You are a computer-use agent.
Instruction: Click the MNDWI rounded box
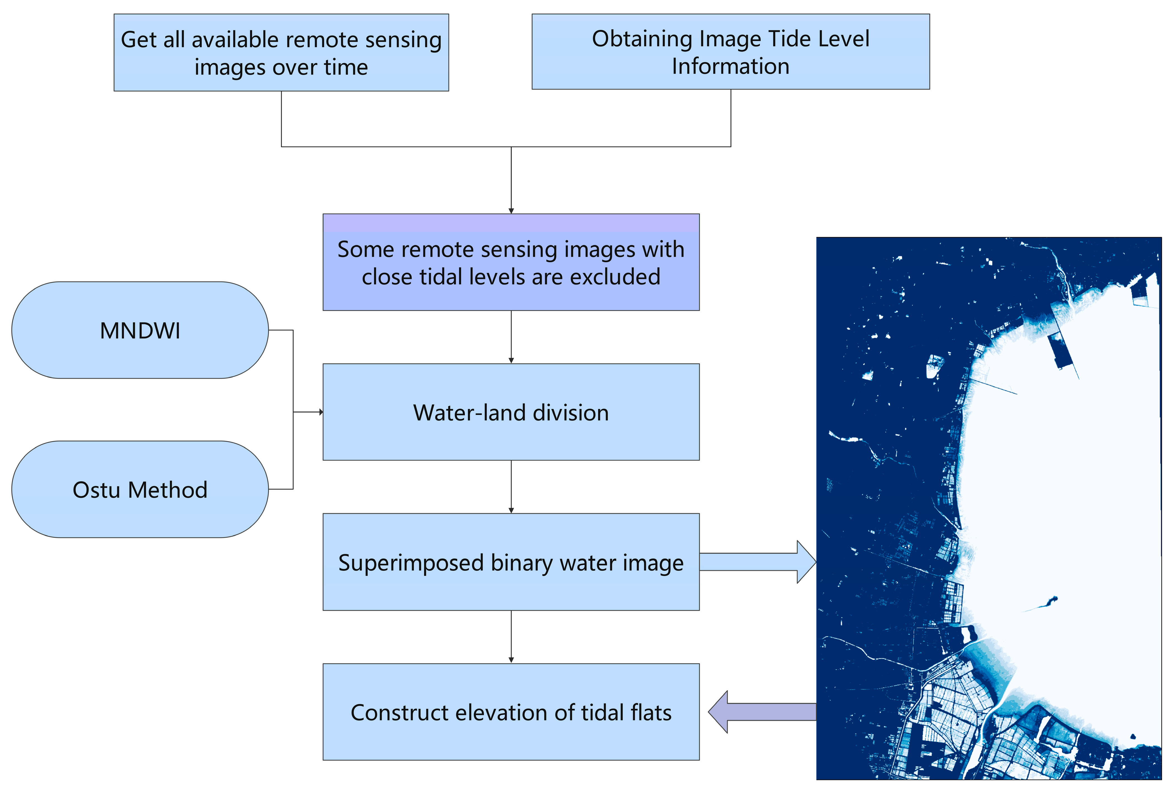pos(140,331)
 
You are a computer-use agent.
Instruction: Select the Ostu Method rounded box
pos(140,489)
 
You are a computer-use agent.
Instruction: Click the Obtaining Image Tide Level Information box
pos(730,52)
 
